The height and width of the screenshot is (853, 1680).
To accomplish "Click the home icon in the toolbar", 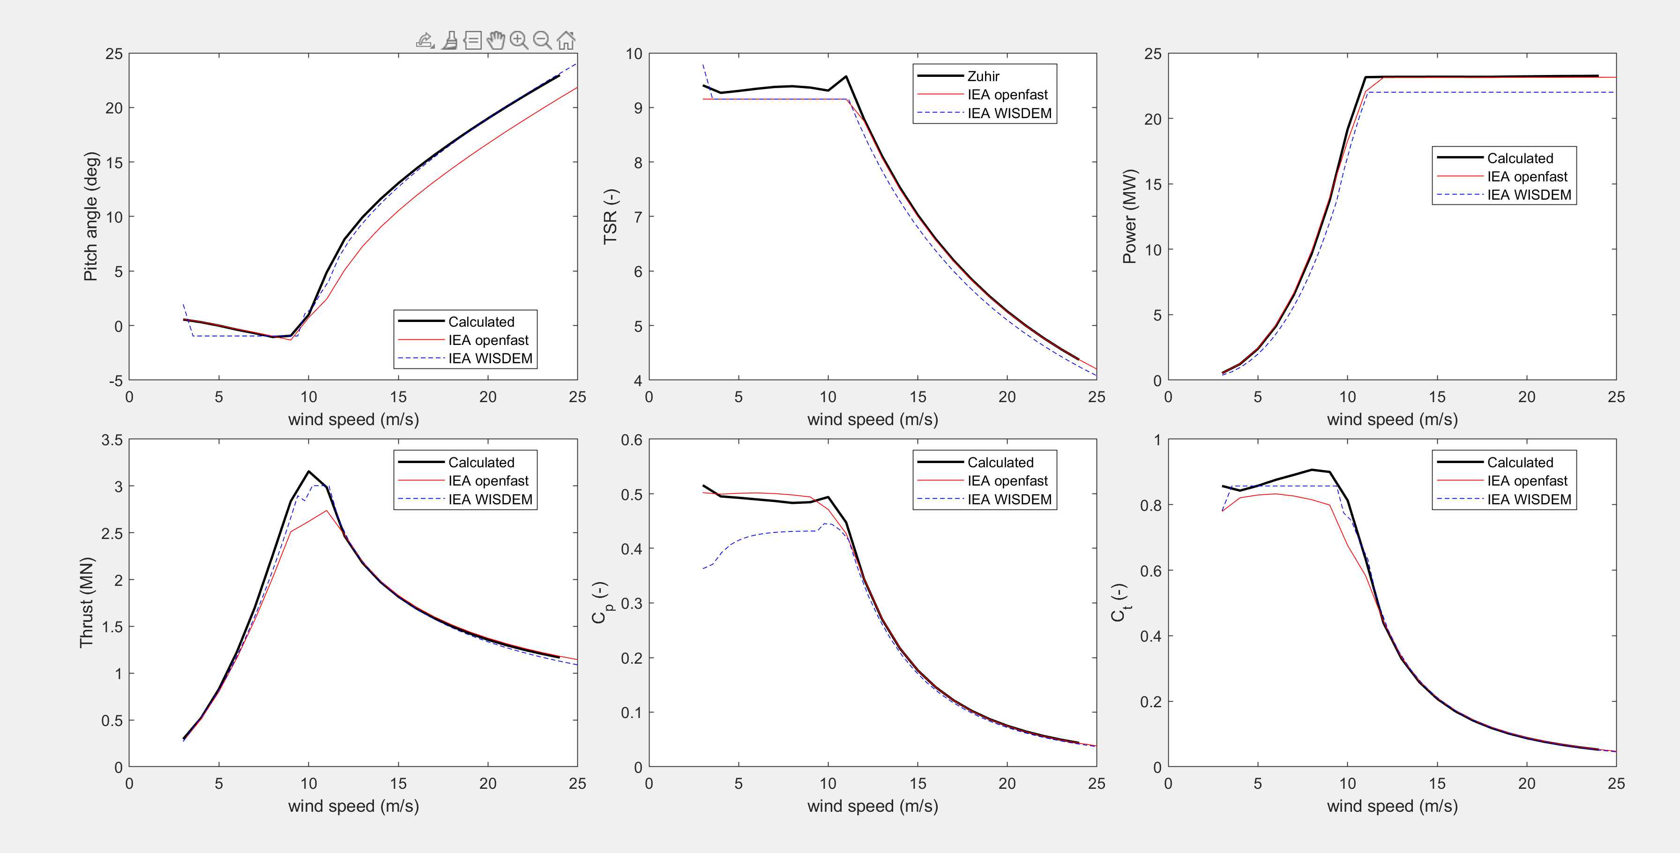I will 566,40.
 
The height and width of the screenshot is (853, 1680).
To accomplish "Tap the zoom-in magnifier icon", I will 518,40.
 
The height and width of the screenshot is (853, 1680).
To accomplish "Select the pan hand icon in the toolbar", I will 496,40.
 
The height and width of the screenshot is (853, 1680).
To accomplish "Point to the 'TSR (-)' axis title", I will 610,217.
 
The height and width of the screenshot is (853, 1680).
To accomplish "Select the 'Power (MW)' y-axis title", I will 1129,217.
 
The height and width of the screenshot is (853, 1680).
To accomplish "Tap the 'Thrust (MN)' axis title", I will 87,603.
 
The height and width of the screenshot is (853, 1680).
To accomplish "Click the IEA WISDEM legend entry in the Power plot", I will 1529,195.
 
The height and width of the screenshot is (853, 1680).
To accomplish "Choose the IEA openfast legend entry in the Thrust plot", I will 488,480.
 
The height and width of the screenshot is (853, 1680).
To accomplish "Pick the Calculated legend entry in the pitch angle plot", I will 481,322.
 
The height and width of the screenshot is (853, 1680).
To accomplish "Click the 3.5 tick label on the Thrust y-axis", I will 112,440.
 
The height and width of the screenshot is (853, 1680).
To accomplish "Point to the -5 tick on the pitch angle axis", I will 115,380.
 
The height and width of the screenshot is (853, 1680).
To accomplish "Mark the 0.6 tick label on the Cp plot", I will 631,440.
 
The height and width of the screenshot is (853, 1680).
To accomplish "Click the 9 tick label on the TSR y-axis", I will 638,108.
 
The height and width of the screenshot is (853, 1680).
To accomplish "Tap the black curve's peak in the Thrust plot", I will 308,471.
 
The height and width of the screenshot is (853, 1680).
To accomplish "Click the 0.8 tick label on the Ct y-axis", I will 1150,505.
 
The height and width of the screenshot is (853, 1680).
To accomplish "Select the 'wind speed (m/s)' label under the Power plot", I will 1392,419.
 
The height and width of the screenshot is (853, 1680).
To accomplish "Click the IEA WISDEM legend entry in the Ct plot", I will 1529,500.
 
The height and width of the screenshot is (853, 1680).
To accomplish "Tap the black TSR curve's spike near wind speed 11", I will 846,76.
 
